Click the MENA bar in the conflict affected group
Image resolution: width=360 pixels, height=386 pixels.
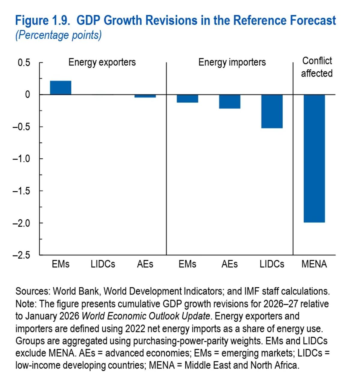pos(314,158)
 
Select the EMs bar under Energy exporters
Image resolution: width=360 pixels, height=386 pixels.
pos(61,88)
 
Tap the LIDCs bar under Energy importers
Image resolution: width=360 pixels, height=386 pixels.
pos(272,111)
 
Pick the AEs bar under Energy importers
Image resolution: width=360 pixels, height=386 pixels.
pos(229,102)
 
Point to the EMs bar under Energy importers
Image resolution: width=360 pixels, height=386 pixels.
pos(187,99)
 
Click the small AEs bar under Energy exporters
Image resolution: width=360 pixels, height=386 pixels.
pos(145,96)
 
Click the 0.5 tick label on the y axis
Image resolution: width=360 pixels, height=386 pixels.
pos(24,63)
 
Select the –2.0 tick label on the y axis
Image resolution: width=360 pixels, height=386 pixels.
pos(22,223)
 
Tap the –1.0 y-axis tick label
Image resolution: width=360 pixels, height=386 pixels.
pos(22,159)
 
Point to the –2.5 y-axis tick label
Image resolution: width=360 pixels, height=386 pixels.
pos(22,255)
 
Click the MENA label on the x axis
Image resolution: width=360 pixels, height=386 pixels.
pos(314,264)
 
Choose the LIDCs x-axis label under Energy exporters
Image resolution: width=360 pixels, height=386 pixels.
pos(103,264)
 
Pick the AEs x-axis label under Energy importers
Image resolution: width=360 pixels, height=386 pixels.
pos(229,264)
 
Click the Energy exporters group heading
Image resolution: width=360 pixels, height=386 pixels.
pos(102,62)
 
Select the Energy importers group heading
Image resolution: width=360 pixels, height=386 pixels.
pos(232,62)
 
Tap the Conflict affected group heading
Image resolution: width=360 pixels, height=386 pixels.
pos(317,67)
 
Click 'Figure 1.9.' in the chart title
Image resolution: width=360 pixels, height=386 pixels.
pos(43,21)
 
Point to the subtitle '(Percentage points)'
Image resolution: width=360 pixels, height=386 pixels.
pos(58,35)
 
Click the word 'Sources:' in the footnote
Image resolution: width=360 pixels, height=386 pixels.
pos(33,291)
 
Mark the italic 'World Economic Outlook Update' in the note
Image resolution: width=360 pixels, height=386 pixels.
pos(146,316)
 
